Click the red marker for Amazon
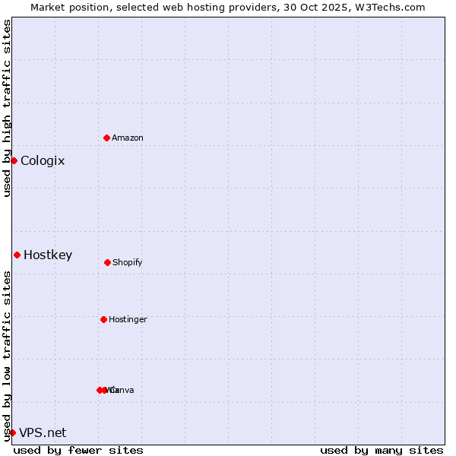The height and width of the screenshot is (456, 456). pyautogui.click(x=106, y=138)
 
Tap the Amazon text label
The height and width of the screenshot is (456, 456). pyautogui.click(x=128, y=138)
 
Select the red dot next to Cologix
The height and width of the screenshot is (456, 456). pyautogui.click(x=14, y=160)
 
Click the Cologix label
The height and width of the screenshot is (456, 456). pyautogui.click(x=43, y=160)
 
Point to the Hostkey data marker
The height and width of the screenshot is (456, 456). pyautogui.click(x=17, y=255)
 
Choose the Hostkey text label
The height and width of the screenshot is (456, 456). pyautogui.click(x=48, y=255)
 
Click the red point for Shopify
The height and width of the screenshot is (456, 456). pyautogui.click(x=107, y=262)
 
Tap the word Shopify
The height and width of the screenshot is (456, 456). pyautogui.click(x=128, y=262)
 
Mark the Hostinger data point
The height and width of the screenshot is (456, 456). pyautogui.click(x=103, y=319)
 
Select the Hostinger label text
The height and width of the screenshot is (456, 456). pyautogui.click(x=128, y=319)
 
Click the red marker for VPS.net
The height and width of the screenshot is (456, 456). pyautogui.click(x=12, y=432)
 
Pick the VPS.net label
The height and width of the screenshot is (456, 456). pyautogui.click(x=43, y=432)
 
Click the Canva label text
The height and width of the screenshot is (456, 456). pyautogui.click(x=122, y=390)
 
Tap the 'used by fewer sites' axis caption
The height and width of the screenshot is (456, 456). pyautogui.click(x=78, y=450)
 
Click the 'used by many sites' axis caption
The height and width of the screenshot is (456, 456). pyautogui.click(x=382, y=450)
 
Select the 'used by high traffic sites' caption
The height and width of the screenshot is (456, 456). pyautogui.click(x=7, y=108)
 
